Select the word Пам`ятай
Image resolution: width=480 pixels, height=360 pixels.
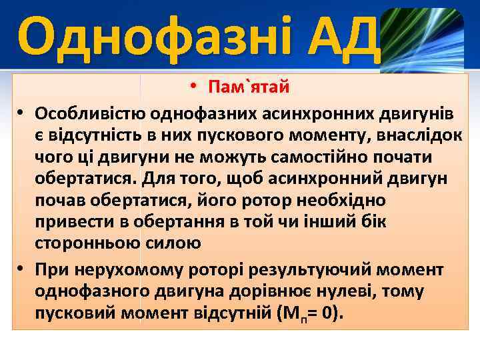(248, 87)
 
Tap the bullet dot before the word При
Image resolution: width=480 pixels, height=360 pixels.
(22, 269)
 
